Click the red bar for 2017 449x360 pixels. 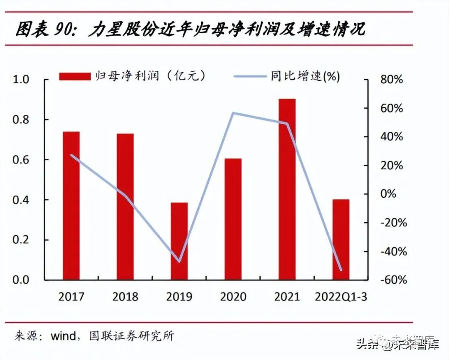coord(71,206)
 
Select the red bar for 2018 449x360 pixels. coord(125,206)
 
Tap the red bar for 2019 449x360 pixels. coord(179,241)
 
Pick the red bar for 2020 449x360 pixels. coord(233,219)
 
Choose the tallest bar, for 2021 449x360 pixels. coord(287,189)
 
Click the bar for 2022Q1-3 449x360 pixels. coord(341,239)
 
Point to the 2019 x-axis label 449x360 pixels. coord(179,297)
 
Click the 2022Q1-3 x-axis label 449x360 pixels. coord(341,297)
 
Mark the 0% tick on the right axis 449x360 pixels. coord(395,194)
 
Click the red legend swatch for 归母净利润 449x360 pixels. coord(75,76)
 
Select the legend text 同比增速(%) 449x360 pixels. coord(305,76)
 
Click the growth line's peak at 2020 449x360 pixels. coord(233,113)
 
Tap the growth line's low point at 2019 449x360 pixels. coord(179,261)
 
